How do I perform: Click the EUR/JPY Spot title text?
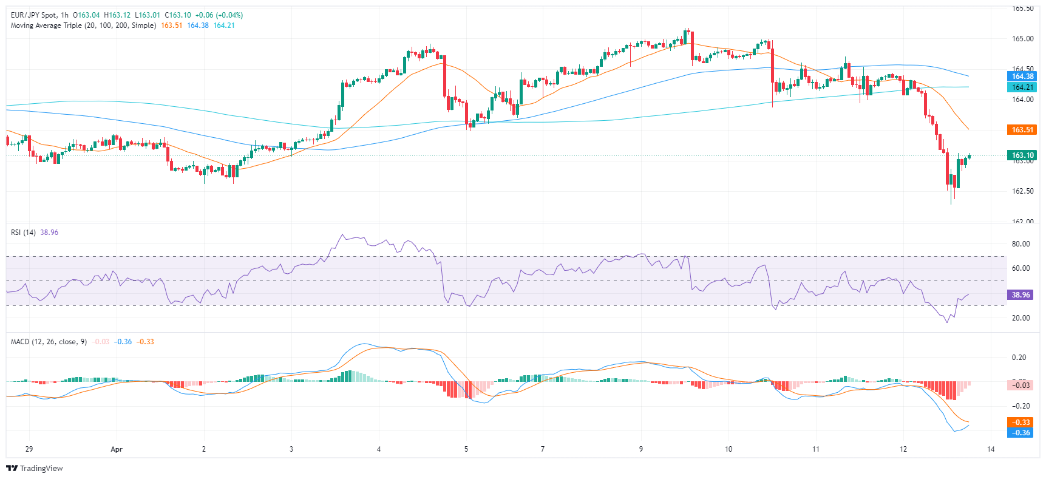(x=33, y=15)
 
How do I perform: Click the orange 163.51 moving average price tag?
(x=1022, y=130)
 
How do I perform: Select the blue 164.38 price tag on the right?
(x=1022, y=76)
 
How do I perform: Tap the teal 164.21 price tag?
(x=1022, y=87)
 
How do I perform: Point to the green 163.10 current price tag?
(x=1022, y=155)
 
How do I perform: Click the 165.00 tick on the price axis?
(x=1022, y=39)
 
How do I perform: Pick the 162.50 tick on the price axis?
(x=1022, y=191)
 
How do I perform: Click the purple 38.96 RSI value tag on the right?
(x=1021, y=295)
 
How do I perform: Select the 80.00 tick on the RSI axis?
(x=1021, y=244)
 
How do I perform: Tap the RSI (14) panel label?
(x=23, y=233)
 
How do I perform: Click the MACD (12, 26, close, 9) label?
(x=49, y=342)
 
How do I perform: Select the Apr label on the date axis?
(x=117, y=449)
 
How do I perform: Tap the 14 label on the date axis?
(x=991, y=449)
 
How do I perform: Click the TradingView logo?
(x=35, y=468)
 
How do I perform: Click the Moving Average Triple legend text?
(x=83, y=25)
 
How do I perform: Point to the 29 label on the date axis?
(x=29, y=449)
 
